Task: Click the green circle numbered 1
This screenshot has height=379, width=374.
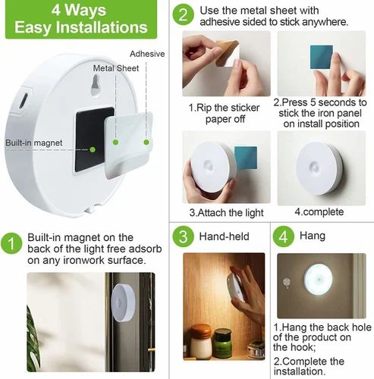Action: point(12,243)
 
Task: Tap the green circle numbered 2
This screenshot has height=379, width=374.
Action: point(182,14)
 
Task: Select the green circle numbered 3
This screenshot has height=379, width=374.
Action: point(182,236)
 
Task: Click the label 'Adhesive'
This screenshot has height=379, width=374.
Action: point(147,54)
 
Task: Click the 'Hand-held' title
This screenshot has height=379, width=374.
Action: point(224,236)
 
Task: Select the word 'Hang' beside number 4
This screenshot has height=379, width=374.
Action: point(313,236)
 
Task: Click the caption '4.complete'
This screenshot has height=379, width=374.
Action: point(319,211)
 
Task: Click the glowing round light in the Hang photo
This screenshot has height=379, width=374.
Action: point(319,280)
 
